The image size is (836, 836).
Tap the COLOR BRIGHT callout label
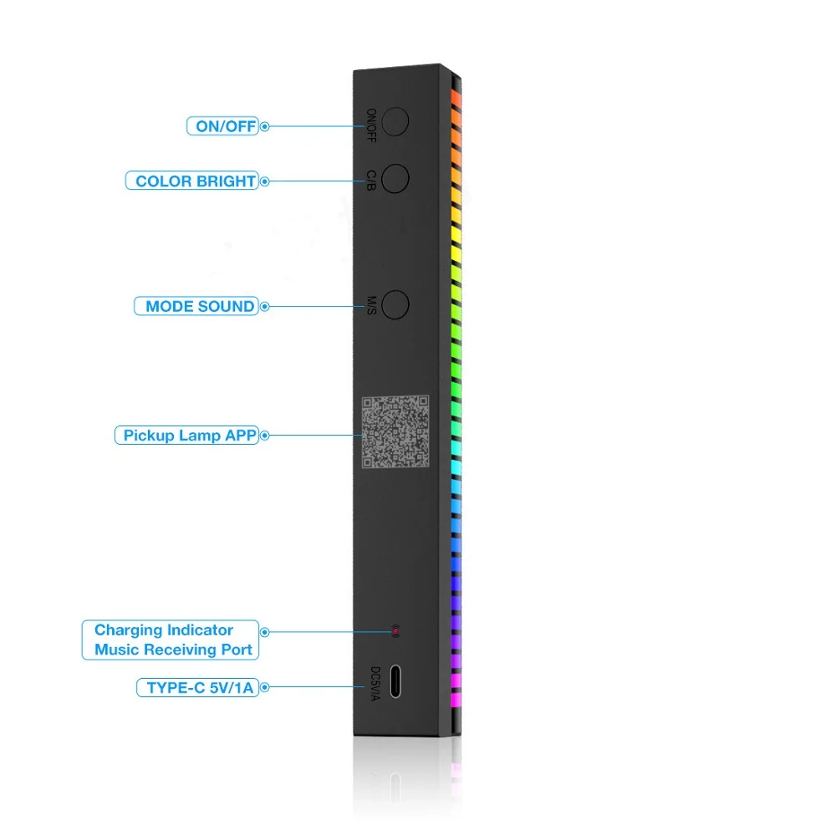[195, 181]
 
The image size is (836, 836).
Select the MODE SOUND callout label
[200, 306]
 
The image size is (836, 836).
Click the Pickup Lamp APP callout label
[189, 435]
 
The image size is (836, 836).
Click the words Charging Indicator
[164, 630]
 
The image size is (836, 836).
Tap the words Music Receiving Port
[173, 650]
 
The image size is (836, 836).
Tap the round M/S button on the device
[394, 304]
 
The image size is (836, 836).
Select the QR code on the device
[397, 432]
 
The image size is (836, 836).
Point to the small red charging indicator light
[396, 630]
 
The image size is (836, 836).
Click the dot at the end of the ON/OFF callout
[265, 127]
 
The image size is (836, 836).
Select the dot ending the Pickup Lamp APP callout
[265, 435]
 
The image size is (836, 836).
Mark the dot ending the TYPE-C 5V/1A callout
[265, 688]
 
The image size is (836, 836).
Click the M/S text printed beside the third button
[371, 306]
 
